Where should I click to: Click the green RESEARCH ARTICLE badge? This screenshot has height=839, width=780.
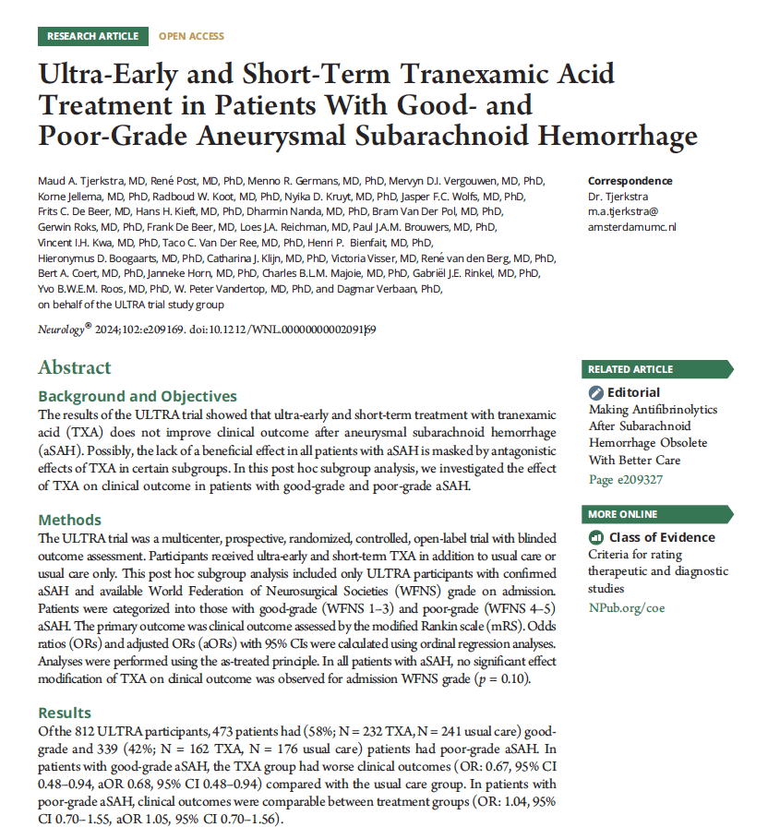[x=93, y=36]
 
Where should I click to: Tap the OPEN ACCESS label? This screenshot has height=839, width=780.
[x=191, y=36]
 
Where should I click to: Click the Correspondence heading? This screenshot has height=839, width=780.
[x=630, y=181]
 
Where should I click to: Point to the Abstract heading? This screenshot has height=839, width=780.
[x=75, y=367]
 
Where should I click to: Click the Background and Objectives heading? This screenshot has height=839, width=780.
[x=138, y=396]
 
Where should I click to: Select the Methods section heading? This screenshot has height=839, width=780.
[x=69, y=520]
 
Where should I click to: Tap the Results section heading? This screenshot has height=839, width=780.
[x=65, y=713]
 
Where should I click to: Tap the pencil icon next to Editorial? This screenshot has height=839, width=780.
[x=596, y=392]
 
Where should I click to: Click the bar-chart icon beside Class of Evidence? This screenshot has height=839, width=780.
[x=596, y=537]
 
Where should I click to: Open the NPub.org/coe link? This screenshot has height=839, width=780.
[x=626, y=607]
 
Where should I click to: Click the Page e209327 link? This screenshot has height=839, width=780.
[x=625, y=479]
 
